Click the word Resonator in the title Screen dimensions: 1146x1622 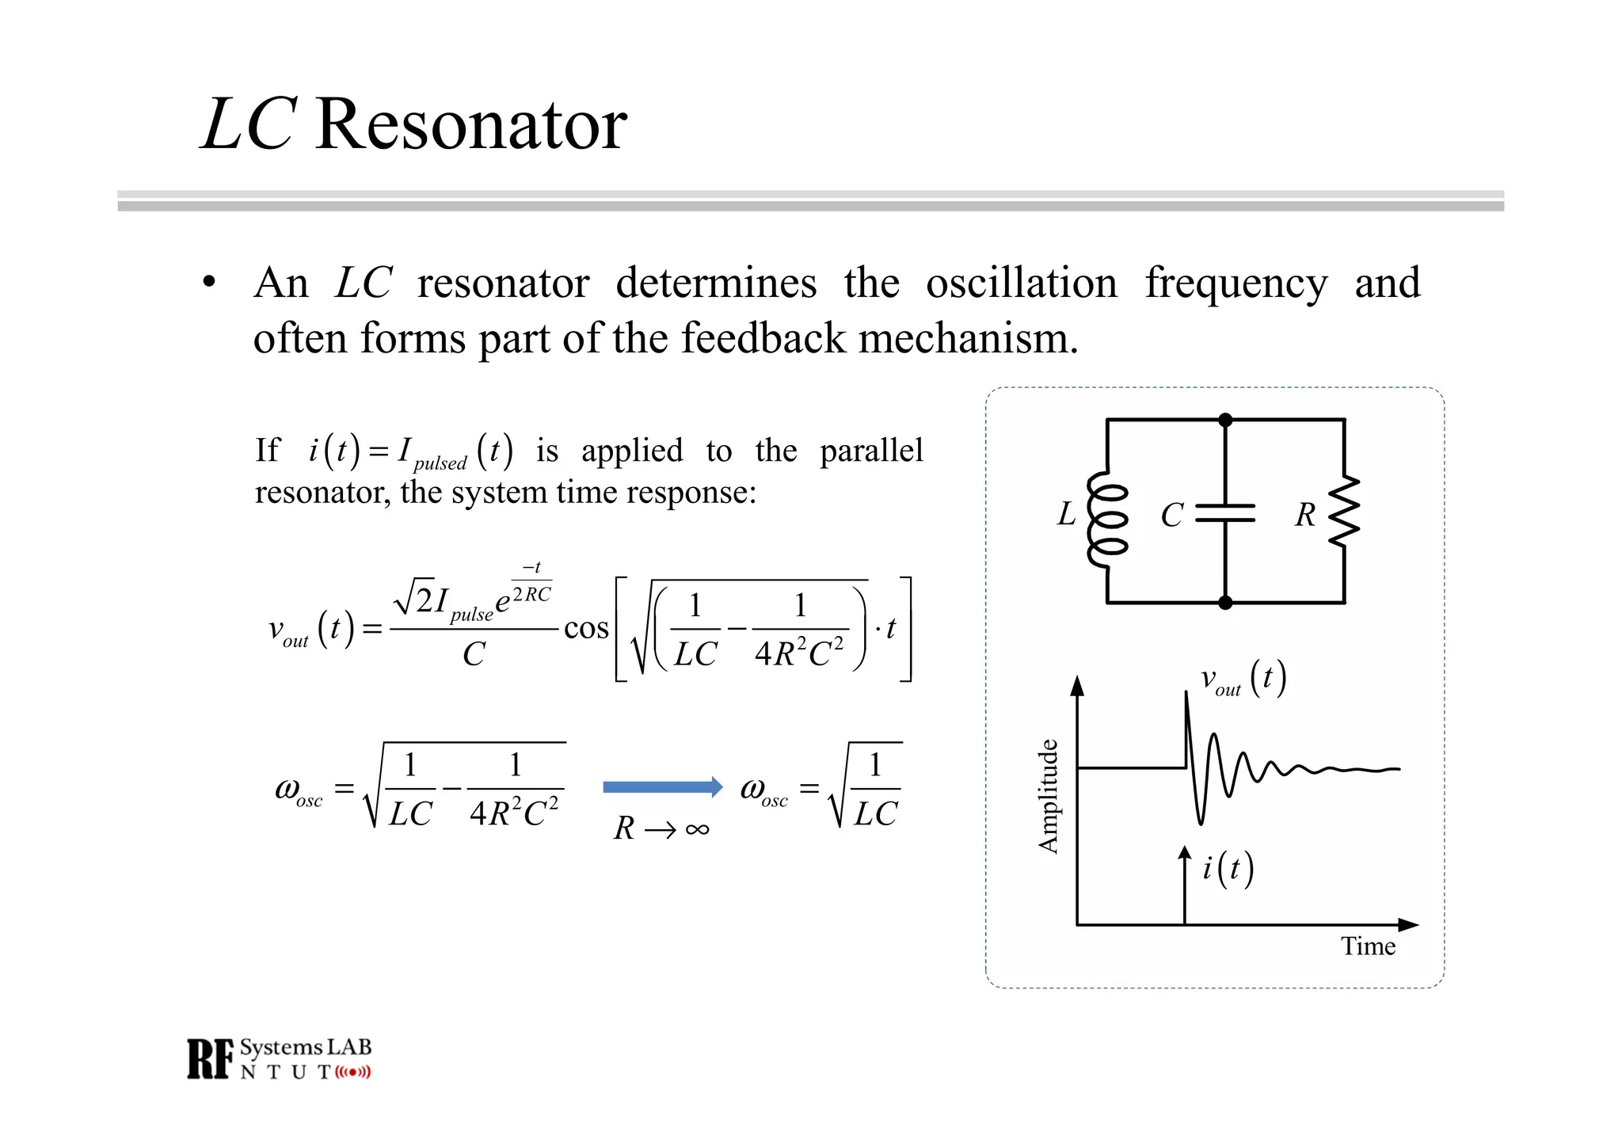click(471, 125)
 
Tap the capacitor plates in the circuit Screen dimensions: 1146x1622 click(1224, 513)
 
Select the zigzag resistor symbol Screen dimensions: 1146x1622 click(1344, 511)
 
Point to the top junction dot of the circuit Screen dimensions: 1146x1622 click(1225, 420)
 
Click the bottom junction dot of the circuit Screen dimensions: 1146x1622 click(1225, 603)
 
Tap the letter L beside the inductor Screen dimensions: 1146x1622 click(1067, 514)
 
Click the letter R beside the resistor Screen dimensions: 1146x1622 click(1305, 515)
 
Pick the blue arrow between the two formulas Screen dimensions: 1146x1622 click(662, 786)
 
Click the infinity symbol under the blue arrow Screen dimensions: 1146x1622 click(697, 829)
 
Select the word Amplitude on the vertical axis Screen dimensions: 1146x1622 click(1049, 796)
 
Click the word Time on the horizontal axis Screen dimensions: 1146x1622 click(1368, 946)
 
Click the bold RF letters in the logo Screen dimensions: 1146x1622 click(211, 1059)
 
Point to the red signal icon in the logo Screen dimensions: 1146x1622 click(352, 1072)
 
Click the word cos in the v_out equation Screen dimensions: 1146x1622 click(586, 628)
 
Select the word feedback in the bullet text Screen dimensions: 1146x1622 click(763, 338)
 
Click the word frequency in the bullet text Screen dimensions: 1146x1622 click(1236, 284)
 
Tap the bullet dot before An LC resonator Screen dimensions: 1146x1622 click(209, 282)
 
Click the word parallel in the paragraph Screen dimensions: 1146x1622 click(871, 451)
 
